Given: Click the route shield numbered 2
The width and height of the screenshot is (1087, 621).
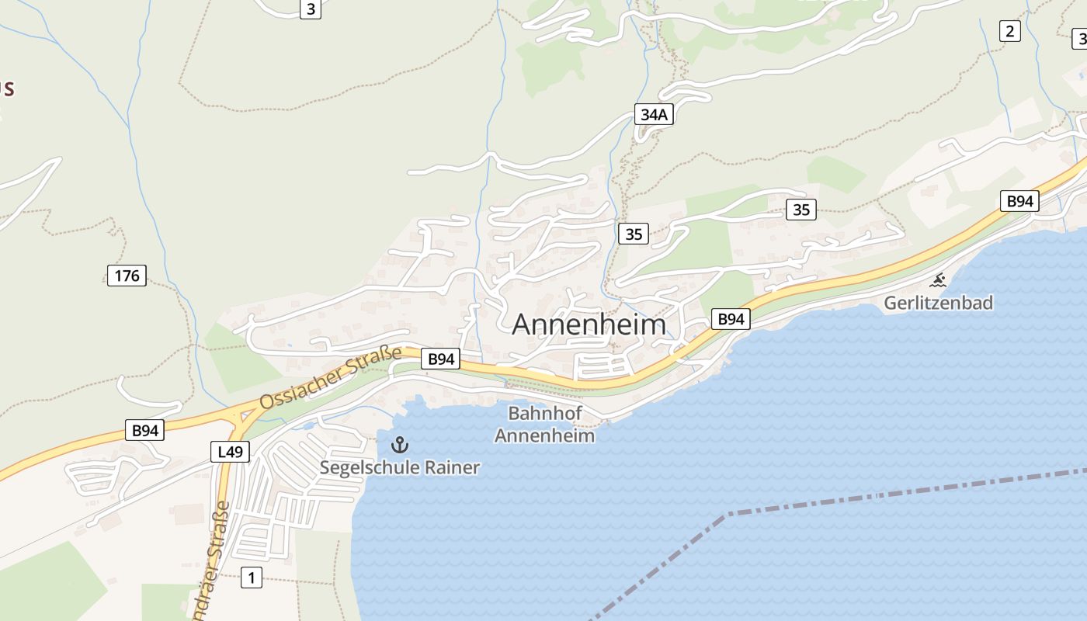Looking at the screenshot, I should [x=1009, y=31].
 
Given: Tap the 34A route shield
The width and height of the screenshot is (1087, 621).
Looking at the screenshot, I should [x=654, y=115].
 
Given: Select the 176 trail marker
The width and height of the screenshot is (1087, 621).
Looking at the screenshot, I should [x=127, y=275].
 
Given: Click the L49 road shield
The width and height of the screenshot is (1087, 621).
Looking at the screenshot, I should [x=230, y=451].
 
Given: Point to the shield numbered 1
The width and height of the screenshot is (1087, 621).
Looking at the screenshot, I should [x=251, y=577].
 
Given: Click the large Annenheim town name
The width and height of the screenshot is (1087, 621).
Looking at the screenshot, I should [x=589, y=324].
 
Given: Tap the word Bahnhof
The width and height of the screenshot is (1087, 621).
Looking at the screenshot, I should [x=544, y=413].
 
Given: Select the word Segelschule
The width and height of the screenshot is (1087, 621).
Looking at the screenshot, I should [x=370, y=467].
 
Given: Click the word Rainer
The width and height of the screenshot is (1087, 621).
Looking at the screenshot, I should [x=452, y=467].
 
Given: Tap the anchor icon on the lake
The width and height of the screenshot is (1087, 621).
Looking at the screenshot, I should [x=399, y=445].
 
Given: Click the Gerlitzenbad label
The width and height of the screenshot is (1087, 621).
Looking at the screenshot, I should [x=938, y=303].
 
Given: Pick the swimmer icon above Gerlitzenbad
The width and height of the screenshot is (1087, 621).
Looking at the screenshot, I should [x=939, y=280].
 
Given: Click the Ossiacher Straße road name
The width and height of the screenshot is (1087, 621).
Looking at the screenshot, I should [x=330, y=378].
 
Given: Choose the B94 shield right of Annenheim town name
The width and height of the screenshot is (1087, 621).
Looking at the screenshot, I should [x=731, y=318].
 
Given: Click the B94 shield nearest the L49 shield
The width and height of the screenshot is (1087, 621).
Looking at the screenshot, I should [x=145, y=430].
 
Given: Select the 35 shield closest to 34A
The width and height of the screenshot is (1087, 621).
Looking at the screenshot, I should [x=634, y=233].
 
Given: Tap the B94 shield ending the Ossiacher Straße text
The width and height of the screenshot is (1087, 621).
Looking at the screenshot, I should [x=440, y=359].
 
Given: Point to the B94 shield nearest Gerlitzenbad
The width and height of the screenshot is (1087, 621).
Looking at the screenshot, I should [x=1019, y=201].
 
